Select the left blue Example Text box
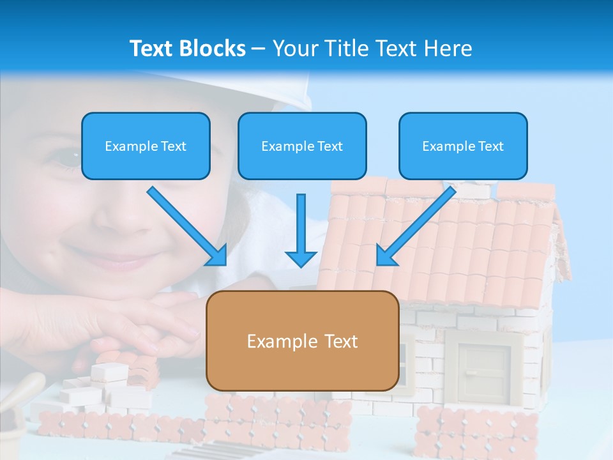tap(146, 146)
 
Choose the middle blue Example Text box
tap(302, 146)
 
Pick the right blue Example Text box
tap(463, 146)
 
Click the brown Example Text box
tap(302, 341)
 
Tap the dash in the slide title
tap(259, 49)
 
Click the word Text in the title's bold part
tap(151, 49)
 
